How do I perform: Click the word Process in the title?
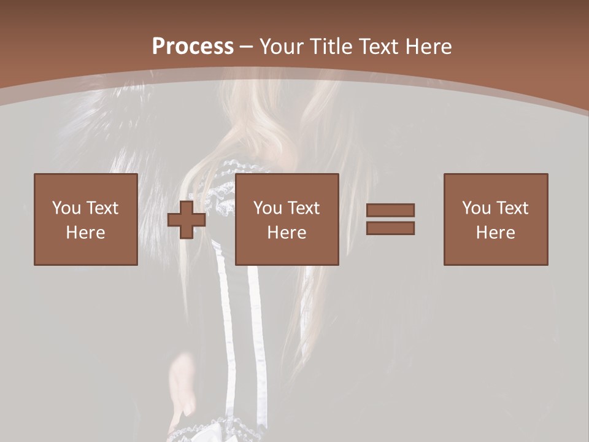coord(193,47)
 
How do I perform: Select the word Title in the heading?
coord(332,47)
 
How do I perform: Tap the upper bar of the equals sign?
coord(390,210)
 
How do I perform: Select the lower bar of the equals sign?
coord(390,228)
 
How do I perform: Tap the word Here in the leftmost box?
coord(85,233)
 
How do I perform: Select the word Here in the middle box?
coord(287,233)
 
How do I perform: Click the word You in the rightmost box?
coord(477,208)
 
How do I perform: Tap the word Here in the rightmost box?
coord(496,233)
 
